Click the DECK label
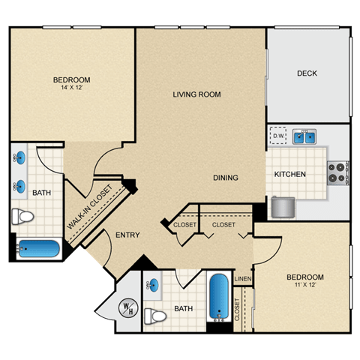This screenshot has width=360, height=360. click(307, 73)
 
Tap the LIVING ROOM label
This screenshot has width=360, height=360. click(196, 94)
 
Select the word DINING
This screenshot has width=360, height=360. click(226, 178)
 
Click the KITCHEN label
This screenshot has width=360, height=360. click(290, 174)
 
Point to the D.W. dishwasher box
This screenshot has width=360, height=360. click(278, 136)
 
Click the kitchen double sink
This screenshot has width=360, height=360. click(304, 136)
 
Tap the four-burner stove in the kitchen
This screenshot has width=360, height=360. click(337, 172)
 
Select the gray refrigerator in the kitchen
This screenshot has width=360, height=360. click(283, 207)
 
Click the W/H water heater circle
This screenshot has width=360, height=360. click(128, 307)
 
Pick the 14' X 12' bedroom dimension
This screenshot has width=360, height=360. click(72, 88)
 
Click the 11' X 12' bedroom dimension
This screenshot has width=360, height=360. click(305, 284)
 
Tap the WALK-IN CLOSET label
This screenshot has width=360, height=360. click(89, 207)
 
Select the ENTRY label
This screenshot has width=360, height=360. click(127, 235)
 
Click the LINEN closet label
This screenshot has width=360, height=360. click(243, 279)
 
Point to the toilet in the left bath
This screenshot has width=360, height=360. click(22, 217)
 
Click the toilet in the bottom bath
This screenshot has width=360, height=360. click(155, 316)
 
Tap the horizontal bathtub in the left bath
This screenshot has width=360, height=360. click(39, 248)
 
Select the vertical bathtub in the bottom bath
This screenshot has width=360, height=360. click(219, 297)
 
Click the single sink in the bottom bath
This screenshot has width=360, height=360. click(153, 285)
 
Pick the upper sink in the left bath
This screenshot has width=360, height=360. click(19, 157)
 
